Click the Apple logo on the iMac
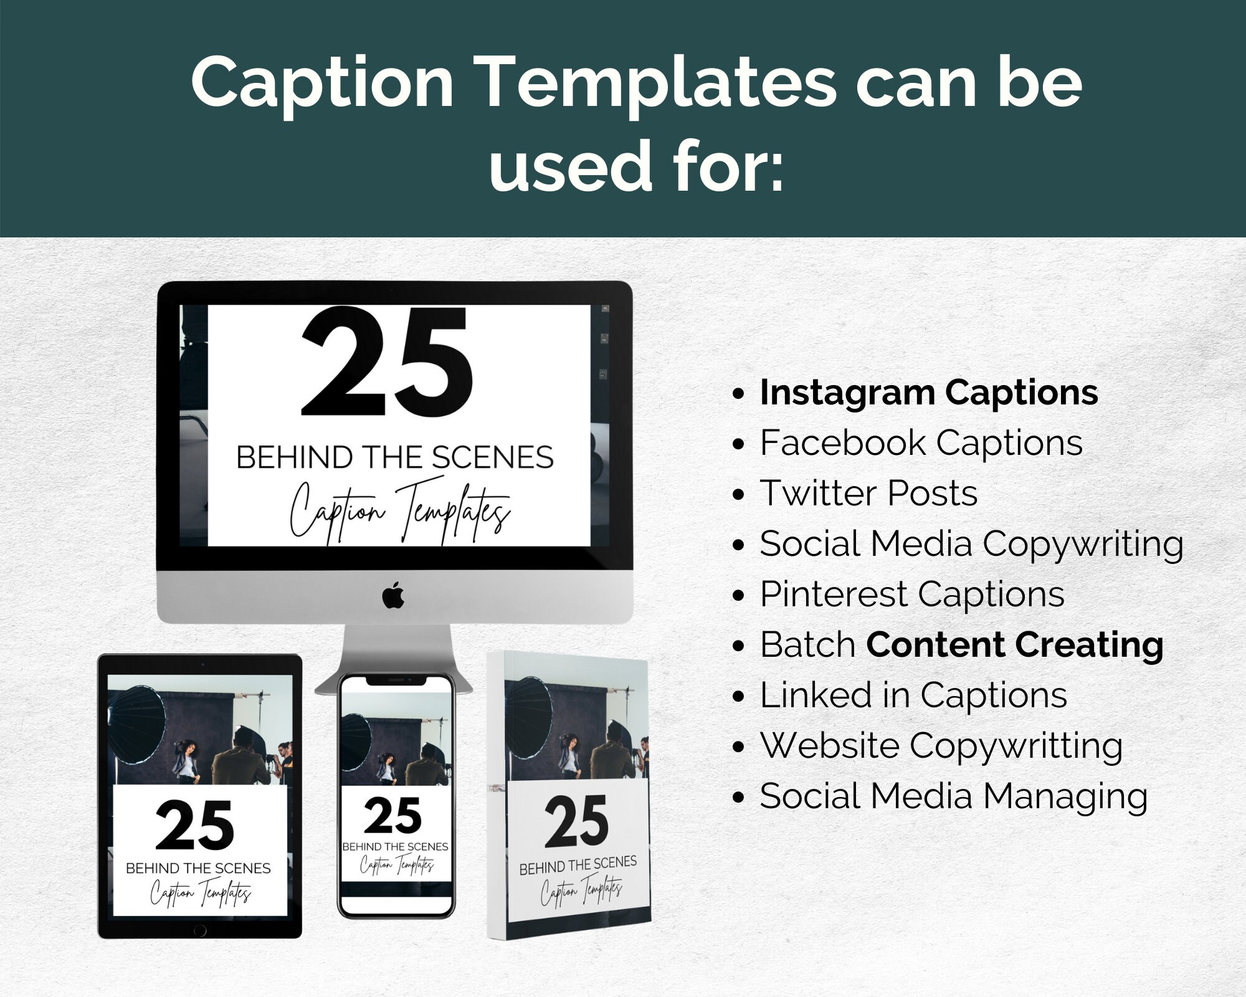pos(393,596)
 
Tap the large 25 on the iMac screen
pos(388,362)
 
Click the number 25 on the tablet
pos(195,825)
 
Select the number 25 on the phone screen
pos(392,816)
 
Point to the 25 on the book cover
pos(576,821)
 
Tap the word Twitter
pos(819,493)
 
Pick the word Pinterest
pos(834,594)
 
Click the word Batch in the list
pos(807,644)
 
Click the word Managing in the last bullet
pos(1065,798)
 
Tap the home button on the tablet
pos(200,930)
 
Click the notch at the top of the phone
pos(396,680)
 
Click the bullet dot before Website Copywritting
pos(739,747)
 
